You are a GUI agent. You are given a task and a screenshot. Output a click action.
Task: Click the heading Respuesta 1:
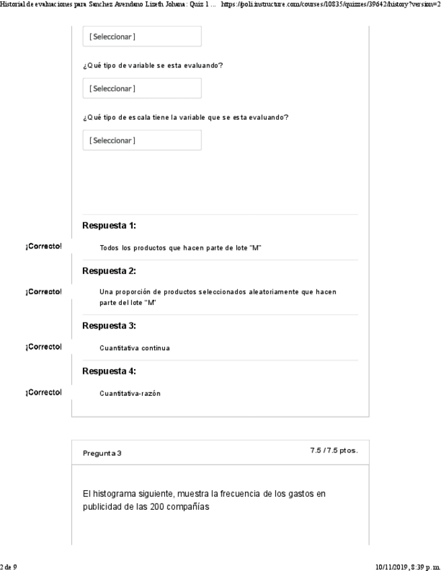[109, 226]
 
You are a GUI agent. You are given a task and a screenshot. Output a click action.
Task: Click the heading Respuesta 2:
[109, 271]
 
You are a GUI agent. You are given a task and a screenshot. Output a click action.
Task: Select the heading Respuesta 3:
[109, 326]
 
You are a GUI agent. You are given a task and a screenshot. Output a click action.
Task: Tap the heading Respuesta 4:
[109, 371]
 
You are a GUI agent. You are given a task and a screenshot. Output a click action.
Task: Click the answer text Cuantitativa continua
[134, 348]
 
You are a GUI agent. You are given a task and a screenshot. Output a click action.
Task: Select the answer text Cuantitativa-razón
[130, 394]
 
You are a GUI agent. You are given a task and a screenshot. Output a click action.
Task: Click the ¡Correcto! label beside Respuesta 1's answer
[43, 246]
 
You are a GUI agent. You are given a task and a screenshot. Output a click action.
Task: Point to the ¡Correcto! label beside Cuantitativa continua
[43, 347]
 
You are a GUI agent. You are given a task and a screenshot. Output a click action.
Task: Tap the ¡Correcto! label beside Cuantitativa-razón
[43, 392]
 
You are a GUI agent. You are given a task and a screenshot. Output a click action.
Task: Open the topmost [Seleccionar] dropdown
[141, 36]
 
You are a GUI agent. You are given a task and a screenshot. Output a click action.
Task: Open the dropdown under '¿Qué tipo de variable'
[141, 88]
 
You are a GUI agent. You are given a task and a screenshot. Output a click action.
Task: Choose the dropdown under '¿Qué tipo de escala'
[141, 140]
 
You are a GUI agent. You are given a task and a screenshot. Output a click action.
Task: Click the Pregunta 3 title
[102, 453]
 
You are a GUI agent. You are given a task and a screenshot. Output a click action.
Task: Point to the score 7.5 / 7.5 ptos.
[333, 450]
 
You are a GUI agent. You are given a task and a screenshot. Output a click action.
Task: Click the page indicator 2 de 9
[9, 567]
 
